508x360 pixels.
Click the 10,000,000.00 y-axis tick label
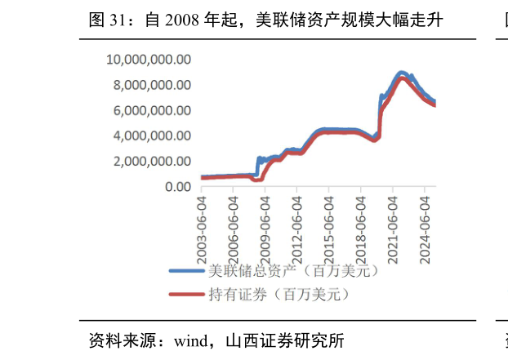click(x=149, y=60)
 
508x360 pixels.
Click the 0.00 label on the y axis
click(x=177, y=187)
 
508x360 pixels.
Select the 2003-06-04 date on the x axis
click(x=202, y=222)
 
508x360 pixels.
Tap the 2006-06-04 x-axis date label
click(x=234, y=222)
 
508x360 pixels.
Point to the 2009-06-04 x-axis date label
click(x=265, y=222)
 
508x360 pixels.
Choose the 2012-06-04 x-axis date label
click(x=297, y=222)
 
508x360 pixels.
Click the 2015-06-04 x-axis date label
click(x=329, y=222)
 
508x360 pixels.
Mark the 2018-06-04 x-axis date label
click(x=361, y=222)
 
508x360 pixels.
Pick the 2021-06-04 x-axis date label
click(x=393, y=222)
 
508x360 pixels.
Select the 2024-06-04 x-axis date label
click(x=425, y=222)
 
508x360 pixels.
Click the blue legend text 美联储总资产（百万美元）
click(x=293, y=271)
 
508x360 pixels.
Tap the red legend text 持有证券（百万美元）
click(x=279, y=295)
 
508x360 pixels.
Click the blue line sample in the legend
click(x=186, y=271)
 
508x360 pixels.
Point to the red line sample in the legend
click(x=186, y=295)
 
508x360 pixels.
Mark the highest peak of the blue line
click(x=401, y=73)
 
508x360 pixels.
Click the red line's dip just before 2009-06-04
click(x=254, y=180)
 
